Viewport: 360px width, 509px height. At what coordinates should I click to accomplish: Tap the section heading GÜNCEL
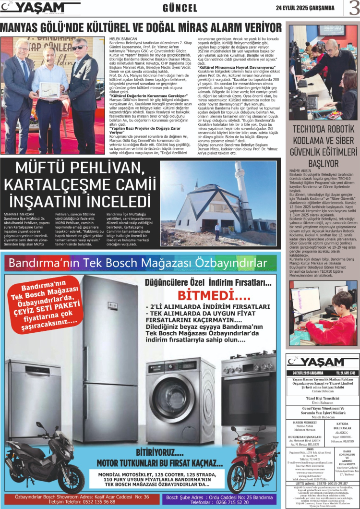click(x=180, y=8)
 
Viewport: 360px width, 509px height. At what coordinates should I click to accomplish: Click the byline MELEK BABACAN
click(x=120, y=37)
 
